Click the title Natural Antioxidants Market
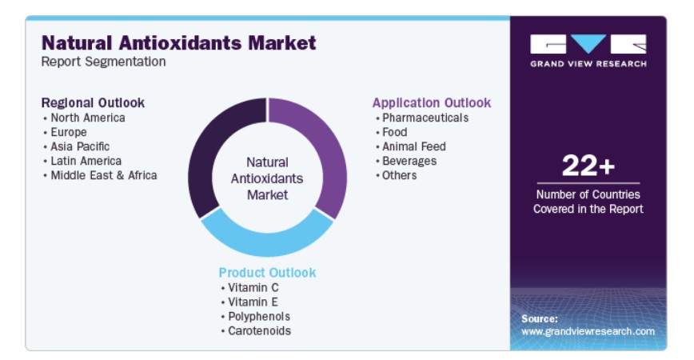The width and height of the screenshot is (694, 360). (x=179, y=43)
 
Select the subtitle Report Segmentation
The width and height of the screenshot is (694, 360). (x=104, y=62)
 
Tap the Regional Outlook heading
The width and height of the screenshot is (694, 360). (x=93, y=102)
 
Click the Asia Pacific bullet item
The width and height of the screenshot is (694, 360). (x=80, y=146)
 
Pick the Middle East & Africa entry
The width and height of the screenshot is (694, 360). (x=104, y=175)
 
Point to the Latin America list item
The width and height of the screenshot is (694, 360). (x=86, y=161)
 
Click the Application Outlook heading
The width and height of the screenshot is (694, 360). (x=432, y=102)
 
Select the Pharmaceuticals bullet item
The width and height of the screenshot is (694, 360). (x=425, y=118)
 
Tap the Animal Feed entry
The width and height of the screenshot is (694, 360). (x=414, y=146)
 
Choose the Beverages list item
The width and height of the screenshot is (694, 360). (x=409, y=161)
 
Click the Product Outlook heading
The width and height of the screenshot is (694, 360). (x=267, y=272)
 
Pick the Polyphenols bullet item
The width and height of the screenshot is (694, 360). (x=259, y=317)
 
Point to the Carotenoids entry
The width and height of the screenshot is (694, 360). (x=259, y=330)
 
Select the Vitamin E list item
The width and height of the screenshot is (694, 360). (x=253, y=302)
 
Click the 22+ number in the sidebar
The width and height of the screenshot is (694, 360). (x=588, y=165)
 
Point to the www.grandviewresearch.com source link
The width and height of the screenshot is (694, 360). (x=588, y=331)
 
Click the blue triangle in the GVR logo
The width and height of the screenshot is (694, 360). (x=588, y=42)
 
